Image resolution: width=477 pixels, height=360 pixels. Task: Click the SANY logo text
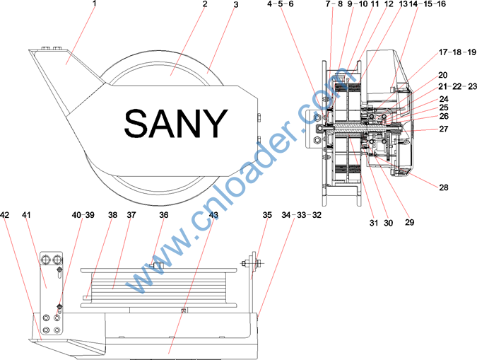[x=176, y=124]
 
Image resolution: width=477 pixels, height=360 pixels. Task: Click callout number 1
[x=94, y=4]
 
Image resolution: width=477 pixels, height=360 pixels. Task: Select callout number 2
[x=205, y=4]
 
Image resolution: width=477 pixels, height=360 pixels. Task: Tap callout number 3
[x=236, y=4]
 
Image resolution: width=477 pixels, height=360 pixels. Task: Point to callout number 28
[x=444, y=187]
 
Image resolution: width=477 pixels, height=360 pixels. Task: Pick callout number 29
[x=409, y=222]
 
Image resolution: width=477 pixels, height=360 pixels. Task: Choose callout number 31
[x=374, y=223]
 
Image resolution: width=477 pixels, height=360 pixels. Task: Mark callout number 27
[x=444, y=129]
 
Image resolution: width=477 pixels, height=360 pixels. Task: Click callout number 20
[x=443, y=75]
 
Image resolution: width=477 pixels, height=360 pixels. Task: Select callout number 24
[x=444, y=99]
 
